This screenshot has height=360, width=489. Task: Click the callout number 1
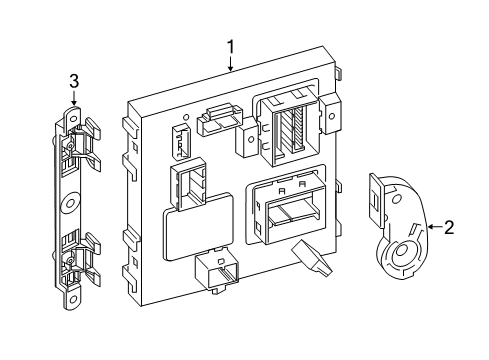click(231, 46)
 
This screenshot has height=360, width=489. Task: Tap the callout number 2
click(449, 227)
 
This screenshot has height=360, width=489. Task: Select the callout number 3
click(74, 81)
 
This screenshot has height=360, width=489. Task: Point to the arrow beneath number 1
click(231, 65)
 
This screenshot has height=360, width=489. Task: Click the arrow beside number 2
click(431, 228)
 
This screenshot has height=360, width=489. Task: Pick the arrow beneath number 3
click(74, 99)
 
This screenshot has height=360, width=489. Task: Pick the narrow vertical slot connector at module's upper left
click(180, 142)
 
